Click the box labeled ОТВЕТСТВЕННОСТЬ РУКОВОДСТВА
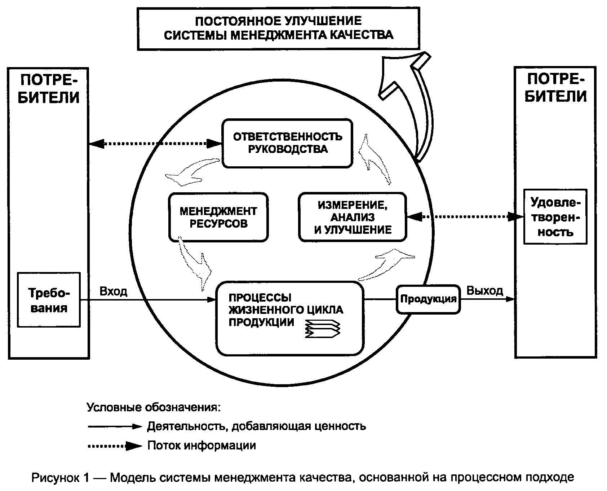click(x=287, y=144)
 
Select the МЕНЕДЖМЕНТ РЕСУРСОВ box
click(x=218, y=217)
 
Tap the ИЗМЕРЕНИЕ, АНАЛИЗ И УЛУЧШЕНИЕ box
click(x=353, y=218)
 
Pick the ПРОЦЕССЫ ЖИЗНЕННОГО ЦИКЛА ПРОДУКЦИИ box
click(x=289, y=318)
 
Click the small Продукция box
click(x=428, y=299)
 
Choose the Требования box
click(x=49, y=300)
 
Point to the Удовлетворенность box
click(x=555, y=217)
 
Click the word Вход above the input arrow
click(x=113, y=291)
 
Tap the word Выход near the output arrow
click(x=485, y=291)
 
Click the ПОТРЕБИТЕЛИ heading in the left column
click(x=48, y=89)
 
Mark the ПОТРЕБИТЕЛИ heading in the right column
click(x=555, y=88)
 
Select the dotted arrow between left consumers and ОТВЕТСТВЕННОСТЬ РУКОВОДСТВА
click(x=155, y=144)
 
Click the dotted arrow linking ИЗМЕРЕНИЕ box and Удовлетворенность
click(x=465, y=217)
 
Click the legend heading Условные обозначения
click(x=153, y=408)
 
